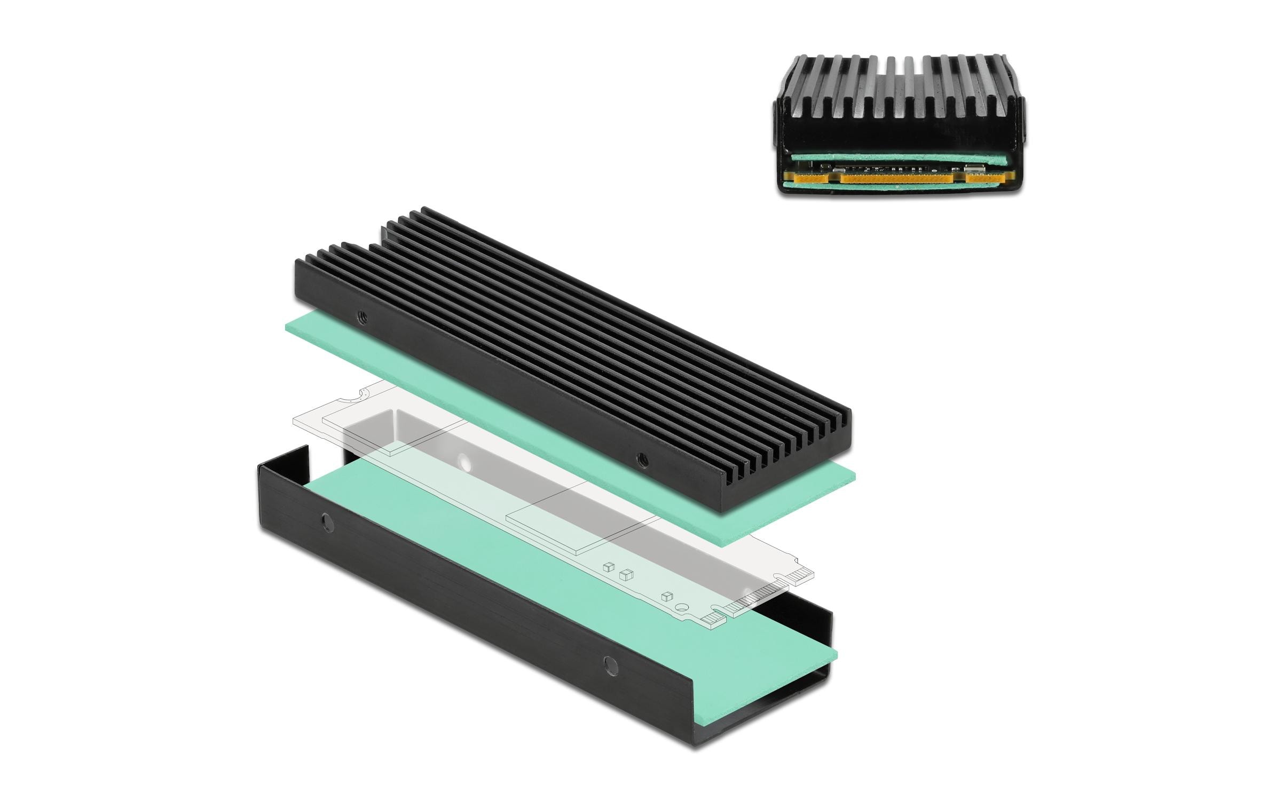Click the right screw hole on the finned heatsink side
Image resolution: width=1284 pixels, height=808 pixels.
click(641, 458)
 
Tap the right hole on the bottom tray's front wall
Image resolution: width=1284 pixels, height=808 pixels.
click(609, 665)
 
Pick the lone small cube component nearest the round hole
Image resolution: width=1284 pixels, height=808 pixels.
click(665, 597)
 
